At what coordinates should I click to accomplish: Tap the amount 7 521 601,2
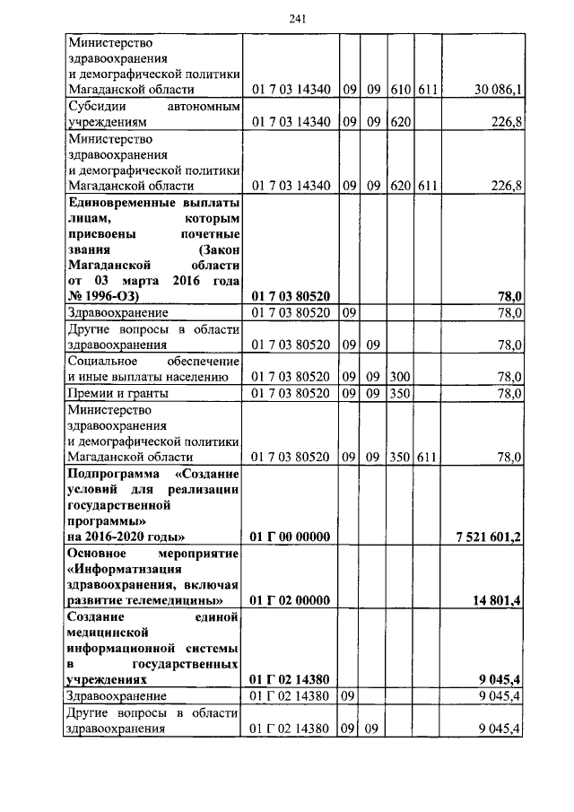coord(488,537)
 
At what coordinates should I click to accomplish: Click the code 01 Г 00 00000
coord(291,537)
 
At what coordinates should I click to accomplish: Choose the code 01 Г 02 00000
coord(291,600)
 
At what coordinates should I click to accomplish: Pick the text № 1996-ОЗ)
coord(108,295)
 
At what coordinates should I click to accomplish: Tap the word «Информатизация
coord(124,568)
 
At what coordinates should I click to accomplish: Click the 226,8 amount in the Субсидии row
coord(507,123)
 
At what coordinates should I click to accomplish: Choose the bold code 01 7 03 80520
coord(291,295)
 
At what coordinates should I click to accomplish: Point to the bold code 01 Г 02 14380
coord(291,680)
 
